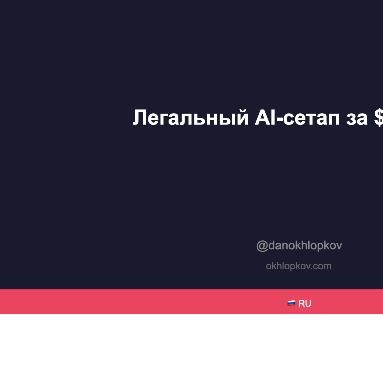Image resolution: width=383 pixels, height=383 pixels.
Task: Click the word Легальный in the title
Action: click(x=191, y=117)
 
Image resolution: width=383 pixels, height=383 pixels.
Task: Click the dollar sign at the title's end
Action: click(x=379, y=117)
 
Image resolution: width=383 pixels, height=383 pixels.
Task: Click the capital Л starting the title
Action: click(x=140, y=117)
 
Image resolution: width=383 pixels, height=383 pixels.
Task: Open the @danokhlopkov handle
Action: click(x=299, y=245)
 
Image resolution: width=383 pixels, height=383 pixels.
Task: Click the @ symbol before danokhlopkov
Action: click(x=262, y=246)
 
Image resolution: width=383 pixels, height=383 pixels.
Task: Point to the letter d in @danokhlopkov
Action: click(x=272, y=245)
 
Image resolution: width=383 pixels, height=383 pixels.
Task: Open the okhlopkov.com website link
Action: click(x=299, y=266)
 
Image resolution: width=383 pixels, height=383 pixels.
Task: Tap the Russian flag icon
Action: click(x=291, y=303)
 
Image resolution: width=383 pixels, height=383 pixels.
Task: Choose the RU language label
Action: click(x=305, y=304)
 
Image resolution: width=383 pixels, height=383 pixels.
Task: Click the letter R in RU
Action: click(x=302, y=304)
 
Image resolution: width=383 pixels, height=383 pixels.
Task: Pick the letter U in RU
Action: click(x=308, y=304)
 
